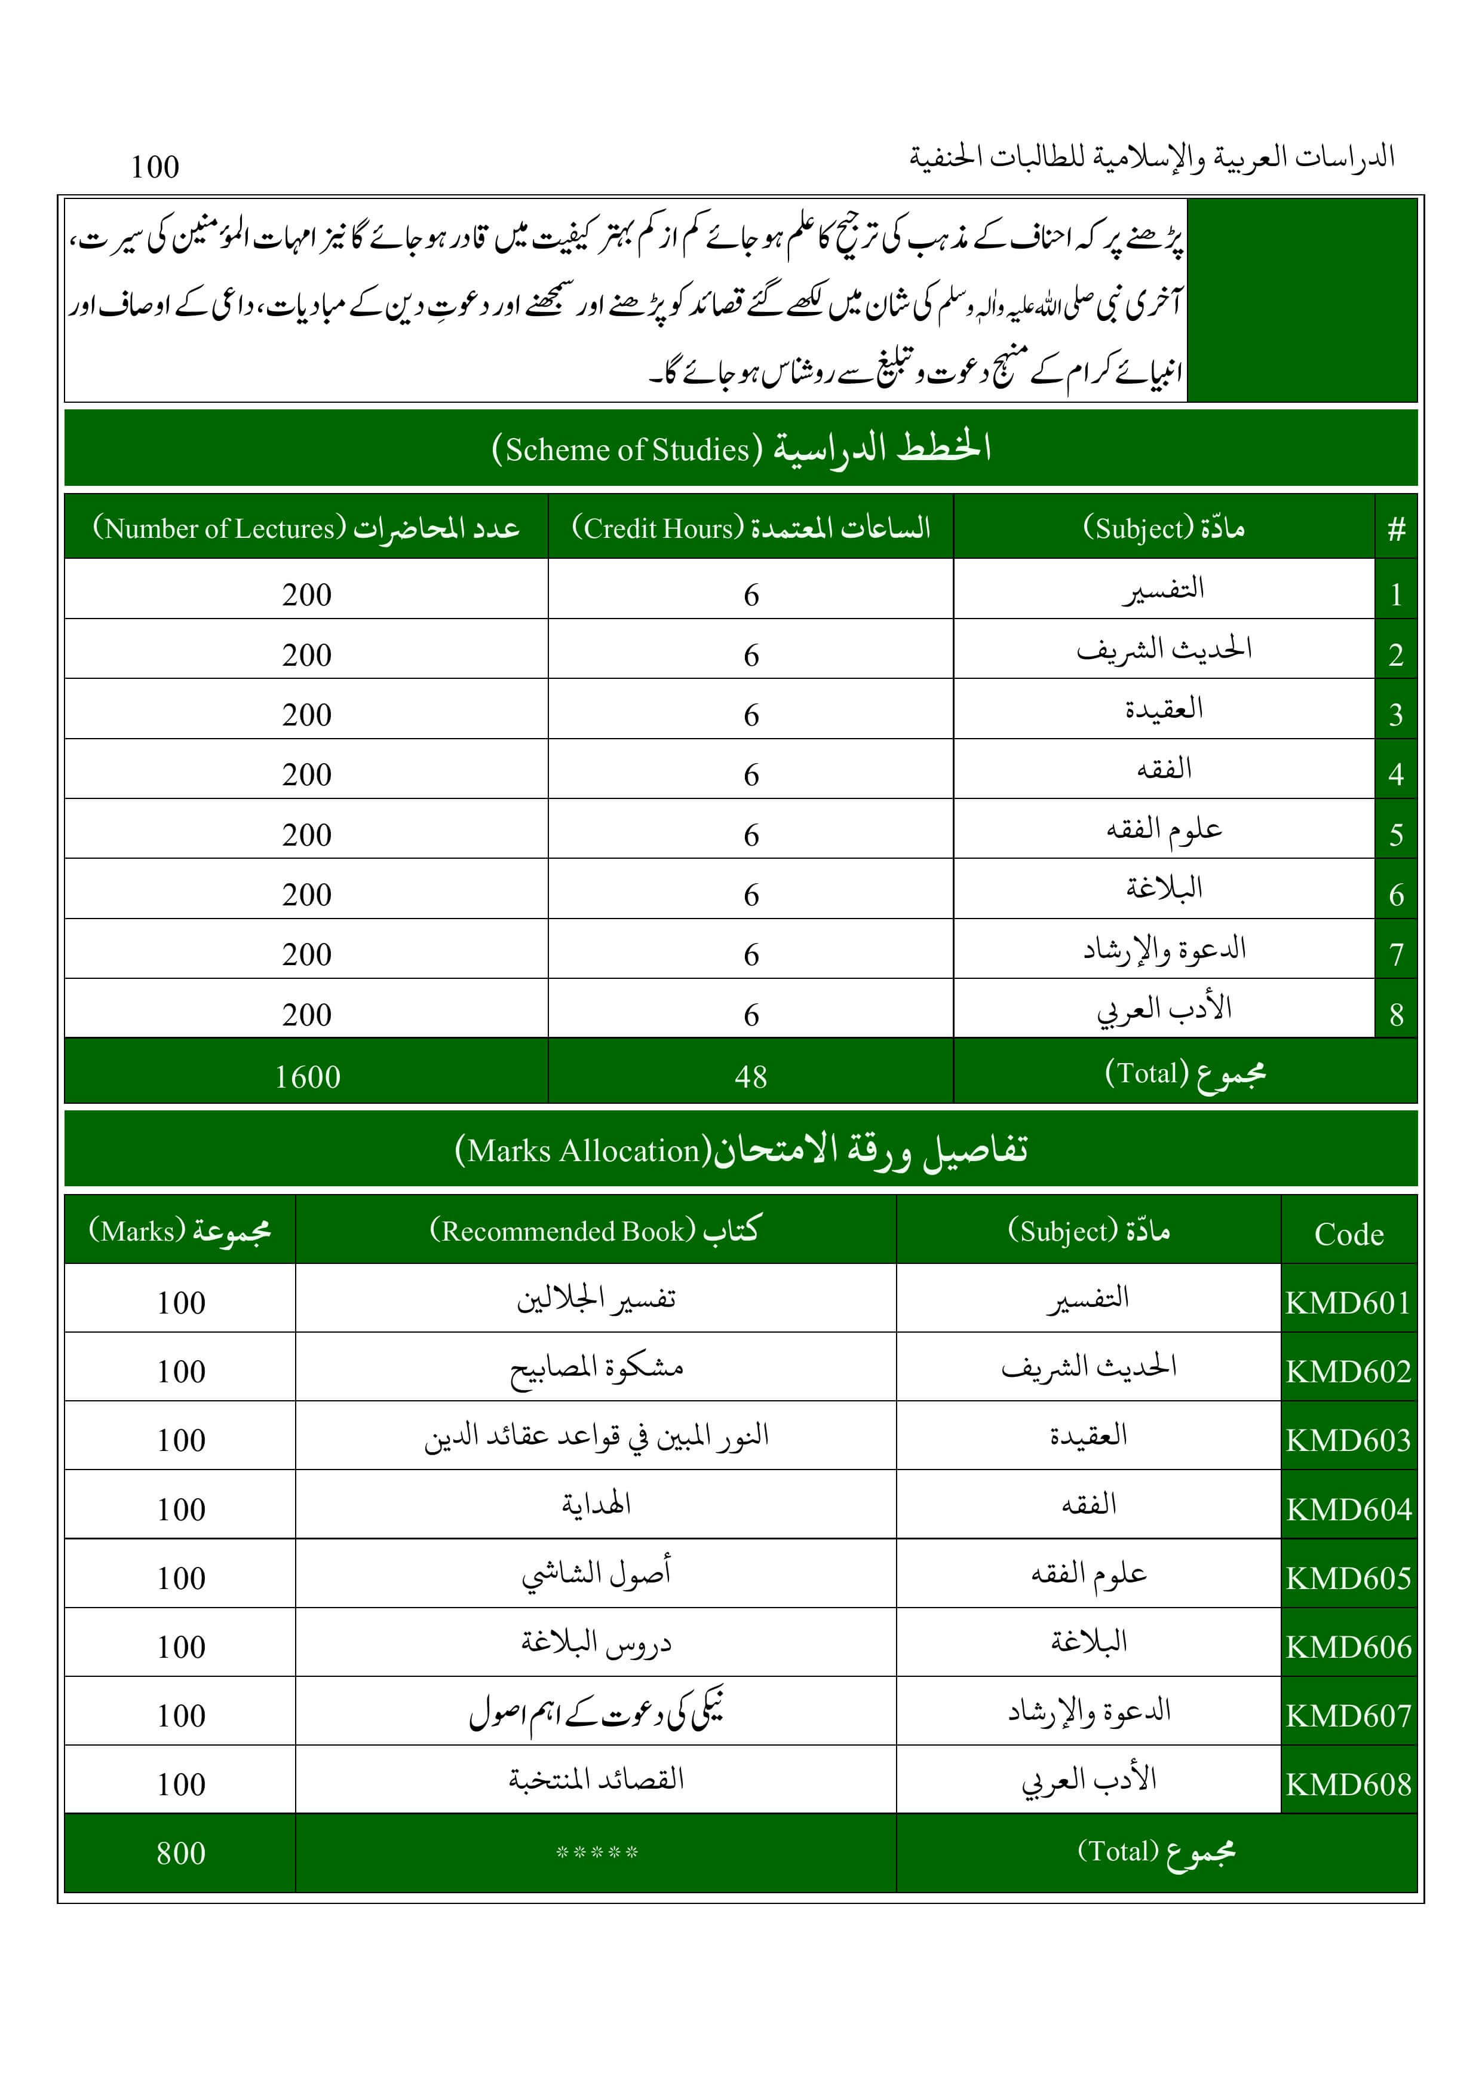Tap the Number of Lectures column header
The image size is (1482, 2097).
coord(306,528)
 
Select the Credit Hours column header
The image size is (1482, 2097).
coord(751,528)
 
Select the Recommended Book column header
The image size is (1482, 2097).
coord(596,1231)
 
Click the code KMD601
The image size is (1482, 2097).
coord(1349,1302)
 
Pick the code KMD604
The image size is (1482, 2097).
coord(1349,1509)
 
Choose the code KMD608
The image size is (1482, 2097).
coord(1349,1784)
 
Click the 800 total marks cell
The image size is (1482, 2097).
coord(181,1852)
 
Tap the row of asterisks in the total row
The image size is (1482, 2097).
coord(596,1852)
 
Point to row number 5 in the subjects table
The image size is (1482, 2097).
coord(1396,834)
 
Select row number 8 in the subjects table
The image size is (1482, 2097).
coord(1396,1014)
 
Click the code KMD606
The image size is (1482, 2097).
coord(1349,1647)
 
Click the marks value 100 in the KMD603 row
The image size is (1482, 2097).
coord(181,1440)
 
